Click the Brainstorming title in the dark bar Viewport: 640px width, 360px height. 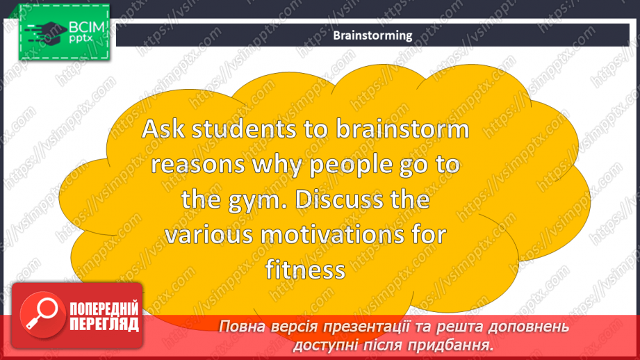pyautogui.click(x=372, y=35)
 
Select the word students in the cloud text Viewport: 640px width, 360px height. pyautogui.click(x=244, y=129)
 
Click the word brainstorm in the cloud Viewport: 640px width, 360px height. pyautogui.click(x=402, y=129)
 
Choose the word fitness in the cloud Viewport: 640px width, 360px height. pyautogui.click(x=305, y=270)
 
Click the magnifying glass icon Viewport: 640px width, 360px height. pyautogui.click(x=42, y=314)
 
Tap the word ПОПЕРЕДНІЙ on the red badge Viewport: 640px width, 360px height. pyautogui.click(x=104, y=309)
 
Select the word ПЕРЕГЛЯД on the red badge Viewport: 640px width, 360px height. pyautogui.click(x=104, y=324)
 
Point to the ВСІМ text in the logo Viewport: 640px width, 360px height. pyautogui.click(x=87, y=27)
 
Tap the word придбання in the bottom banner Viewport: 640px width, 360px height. pyautogui.click(x=450, y=345)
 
